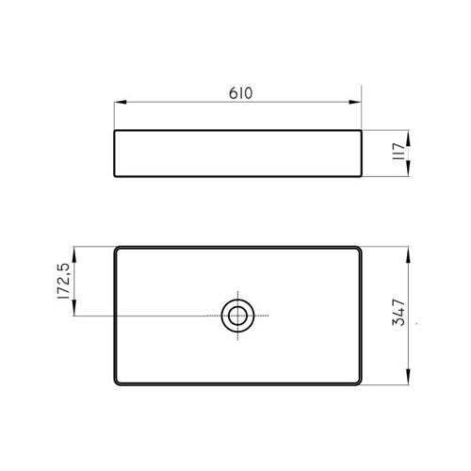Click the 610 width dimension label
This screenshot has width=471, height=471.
(240, 93)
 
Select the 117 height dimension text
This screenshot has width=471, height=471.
(399, 152)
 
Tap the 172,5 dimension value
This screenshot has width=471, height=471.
(63, 281)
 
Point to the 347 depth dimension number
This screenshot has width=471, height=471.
(398, 313)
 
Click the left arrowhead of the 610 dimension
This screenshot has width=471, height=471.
(121, 102)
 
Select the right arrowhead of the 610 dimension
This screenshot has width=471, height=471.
(355, 102)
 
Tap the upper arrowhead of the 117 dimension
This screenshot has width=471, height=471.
(408, 138)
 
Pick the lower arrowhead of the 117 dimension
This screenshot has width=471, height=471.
(408, 169)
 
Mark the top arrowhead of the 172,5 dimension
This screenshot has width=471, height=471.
(74, 254)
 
